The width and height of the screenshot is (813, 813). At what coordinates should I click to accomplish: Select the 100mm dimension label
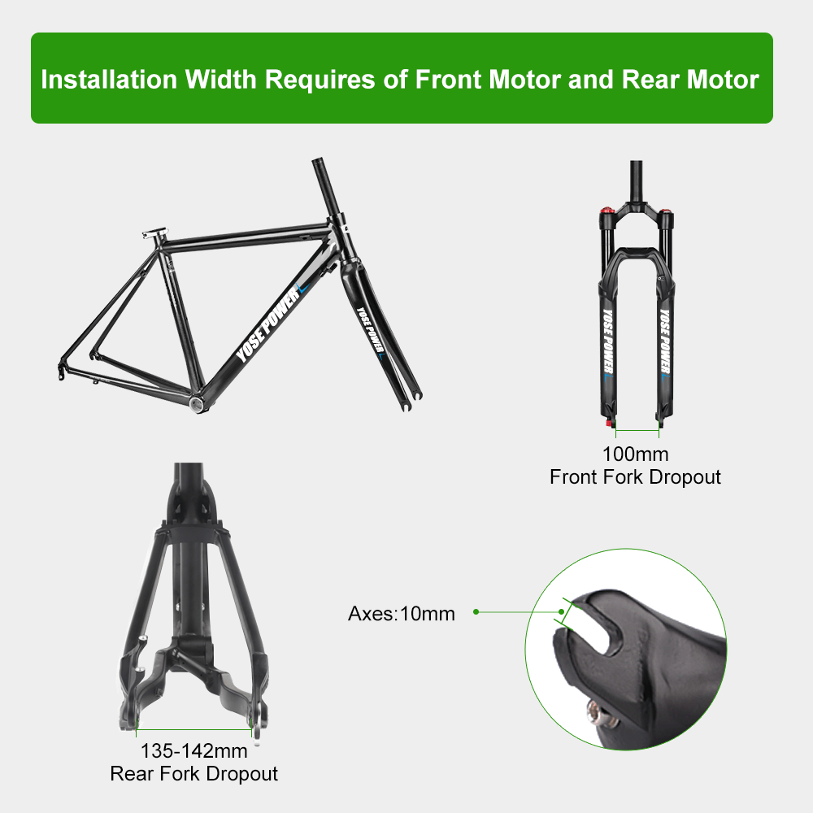pyautogui.click(x=635, y=454)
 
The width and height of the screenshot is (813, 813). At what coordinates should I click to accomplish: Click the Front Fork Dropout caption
pyautogui.click(x=635, y=476)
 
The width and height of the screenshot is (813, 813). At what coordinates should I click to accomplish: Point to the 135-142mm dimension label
pyautogui.click(x=193, y=750)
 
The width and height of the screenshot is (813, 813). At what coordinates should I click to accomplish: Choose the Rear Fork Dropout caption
pyautogui.click(x=193, y=773)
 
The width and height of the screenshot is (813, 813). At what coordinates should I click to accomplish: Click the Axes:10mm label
pyautogui.click(x=402, y=613)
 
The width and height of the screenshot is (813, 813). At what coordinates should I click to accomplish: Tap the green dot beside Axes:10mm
pyautogui.click(x=476, y=611)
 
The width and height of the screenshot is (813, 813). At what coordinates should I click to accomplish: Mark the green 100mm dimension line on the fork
pyautogui.click(x=637, y=429)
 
